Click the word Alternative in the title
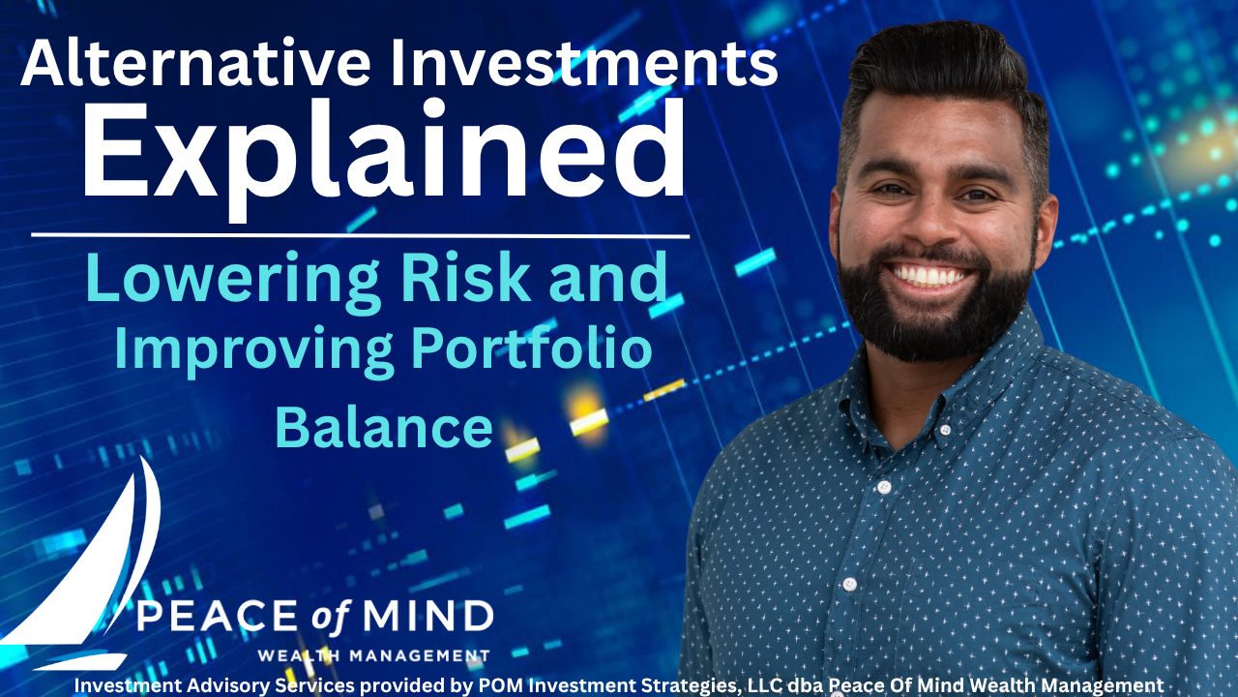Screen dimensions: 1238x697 [x=195, y=63]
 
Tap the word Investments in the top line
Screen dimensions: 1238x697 [x=583, y=63]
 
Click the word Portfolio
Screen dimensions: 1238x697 [x=532, y=348]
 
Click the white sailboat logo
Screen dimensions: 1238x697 [x=83, y=564]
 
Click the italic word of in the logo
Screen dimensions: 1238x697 [x=331, y=617]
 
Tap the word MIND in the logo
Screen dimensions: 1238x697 [x=427, y=616]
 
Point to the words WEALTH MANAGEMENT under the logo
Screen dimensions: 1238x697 [x=373, y=656]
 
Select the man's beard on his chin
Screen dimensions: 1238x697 [x=934, y=326]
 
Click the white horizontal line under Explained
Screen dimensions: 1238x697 [x=361, y=236]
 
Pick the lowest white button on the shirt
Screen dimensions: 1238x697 [x=850, y=584]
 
